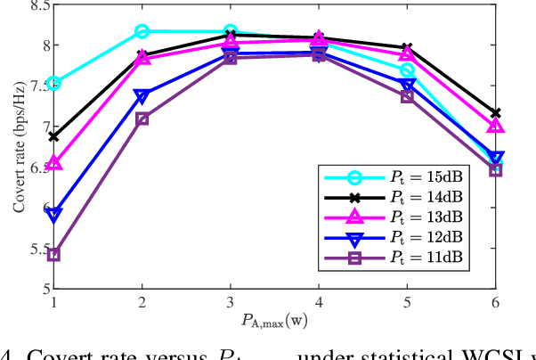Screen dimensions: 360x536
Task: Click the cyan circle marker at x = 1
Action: tap(54, 83)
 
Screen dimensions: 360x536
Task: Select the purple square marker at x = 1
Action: tap(54, 254)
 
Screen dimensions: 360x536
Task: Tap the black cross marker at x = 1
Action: tap(54, 136)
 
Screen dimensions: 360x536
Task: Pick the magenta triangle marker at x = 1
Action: tap(54, 163)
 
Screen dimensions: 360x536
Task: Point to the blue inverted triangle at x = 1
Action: tap(54, 215)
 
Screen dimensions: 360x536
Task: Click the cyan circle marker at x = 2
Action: tap(142, 31)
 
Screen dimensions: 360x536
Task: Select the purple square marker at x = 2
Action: tap(142, 118)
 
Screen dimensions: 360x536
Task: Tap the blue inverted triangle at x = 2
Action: tap(142, 95)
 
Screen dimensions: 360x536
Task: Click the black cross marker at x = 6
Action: tap(496, 113)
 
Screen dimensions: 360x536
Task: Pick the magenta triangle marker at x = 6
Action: tap(496, 126)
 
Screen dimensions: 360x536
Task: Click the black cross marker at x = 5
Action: tap(408, 47)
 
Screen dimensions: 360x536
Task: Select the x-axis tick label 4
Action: tap(319, 302)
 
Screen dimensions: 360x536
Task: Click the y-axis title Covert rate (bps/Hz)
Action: tap(17, 147)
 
